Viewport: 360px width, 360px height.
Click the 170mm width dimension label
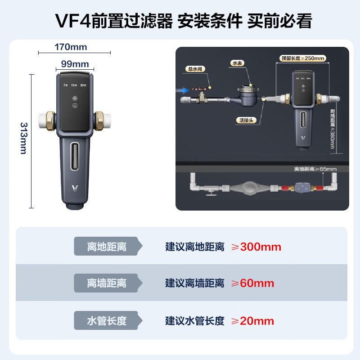[x=71, y=47]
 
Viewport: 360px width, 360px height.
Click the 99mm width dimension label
[x=75, y=64]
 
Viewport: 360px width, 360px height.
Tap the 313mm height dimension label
[x=23, y=138]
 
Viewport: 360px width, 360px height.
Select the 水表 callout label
[x=237, y=64]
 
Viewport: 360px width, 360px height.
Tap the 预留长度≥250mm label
[x=302, y=58]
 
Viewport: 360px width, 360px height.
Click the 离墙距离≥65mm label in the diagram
[x=315, y=169]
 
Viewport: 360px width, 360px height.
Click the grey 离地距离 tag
[x=107, y=247]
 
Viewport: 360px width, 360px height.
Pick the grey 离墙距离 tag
[x=107, y=283]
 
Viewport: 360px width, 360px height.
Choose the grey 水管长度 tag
[x=107, y=321]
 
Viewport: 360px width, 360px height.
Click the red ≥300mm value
[x=256, y=247]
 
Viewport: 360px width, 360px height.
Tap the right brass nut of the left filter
[x=100, y=121]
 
